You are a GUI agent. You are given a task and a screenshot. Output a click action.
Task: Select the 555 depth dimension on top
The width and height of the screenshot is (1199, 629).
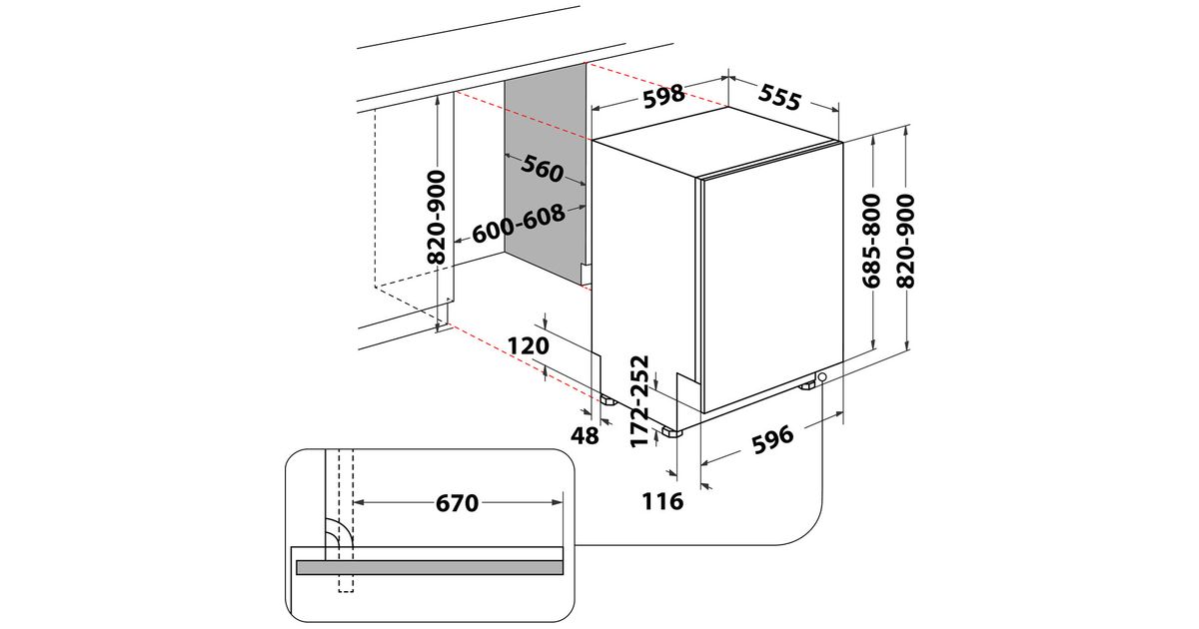coord(779,97)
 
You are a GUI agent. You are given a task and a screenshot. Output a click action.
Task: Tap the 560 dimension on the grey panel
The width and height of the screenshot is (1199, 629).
coord(543,170)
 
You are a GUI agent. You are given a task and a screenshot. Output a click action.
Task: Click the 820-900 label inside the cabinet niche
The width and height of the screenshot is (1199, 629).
coord(437,217)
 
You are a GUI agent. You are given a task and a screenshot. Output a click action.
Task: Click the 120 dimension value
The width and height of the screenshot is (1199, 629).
coord(529,346)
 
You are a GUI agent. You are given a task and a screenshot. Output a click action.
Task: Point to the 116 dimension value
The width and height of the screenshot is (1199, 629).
coord(662,501)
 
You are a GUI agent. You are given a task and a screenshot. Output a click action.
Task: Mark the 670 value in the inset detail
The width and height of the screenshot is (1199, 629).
coord(457,503)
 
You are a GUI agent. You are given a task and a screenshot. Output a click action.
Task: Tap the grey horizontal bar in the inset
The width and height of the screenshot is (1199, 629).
coord(430,567)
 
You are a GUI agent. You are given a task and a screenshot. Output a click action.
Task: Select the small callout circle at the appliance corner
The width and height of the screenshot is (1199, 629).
coord(821,378)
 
